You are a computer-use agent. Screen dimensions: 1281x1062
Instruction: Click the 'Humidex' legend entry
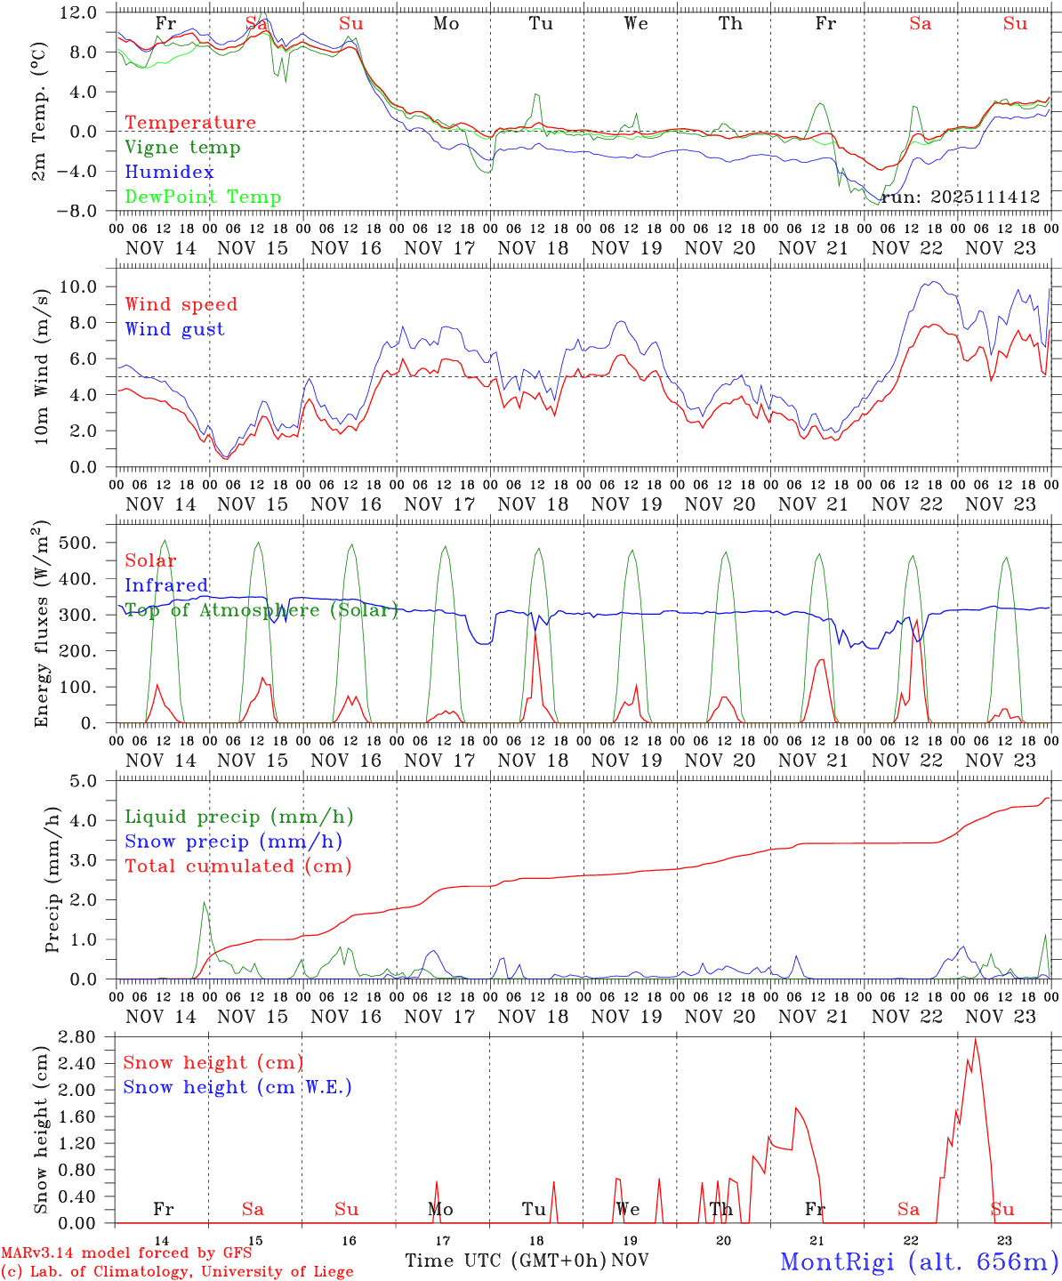(169, 173)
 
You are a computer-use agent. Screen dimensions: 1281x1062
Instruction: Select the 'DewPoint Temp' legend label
(203, 197)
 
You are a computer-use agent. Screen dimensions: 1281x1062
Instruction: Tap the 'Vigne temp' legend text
(182, 148)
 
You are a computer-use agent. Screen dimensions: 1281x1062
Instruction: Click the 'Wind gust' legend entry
(174, 329)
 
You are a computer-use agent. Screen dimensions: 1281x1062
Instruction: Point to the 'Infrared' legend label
(166, 585)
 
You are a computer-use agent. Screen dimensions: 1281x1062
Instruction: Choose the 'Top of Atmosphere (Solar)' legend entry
(261, 610)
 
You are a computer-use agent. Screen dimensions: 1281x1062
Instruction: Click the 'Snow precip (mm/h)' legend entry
(234, 842)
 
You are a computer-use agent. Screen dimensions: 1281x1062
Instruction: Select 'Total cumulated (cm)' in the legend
(238, 866)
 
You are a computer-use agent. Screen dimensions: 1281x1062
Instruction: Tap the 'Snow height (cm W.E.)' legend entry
(237, 1087)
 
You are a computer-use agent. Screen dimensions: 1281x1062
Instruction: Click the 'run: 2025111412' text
(960, 197)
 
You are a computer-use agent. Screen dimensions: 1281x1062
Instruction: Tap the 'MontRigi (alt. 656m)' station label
(919, 1261)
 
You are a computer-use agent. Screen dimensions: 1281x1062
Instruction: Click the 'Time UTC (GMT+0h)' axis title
(505, 1261)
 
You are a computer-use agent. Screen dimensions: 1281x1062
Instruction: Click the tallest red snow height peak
(976, 1039)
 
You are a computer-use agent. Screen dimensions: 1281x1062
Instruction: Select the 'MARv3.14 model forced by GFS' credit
(126, 1253)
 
